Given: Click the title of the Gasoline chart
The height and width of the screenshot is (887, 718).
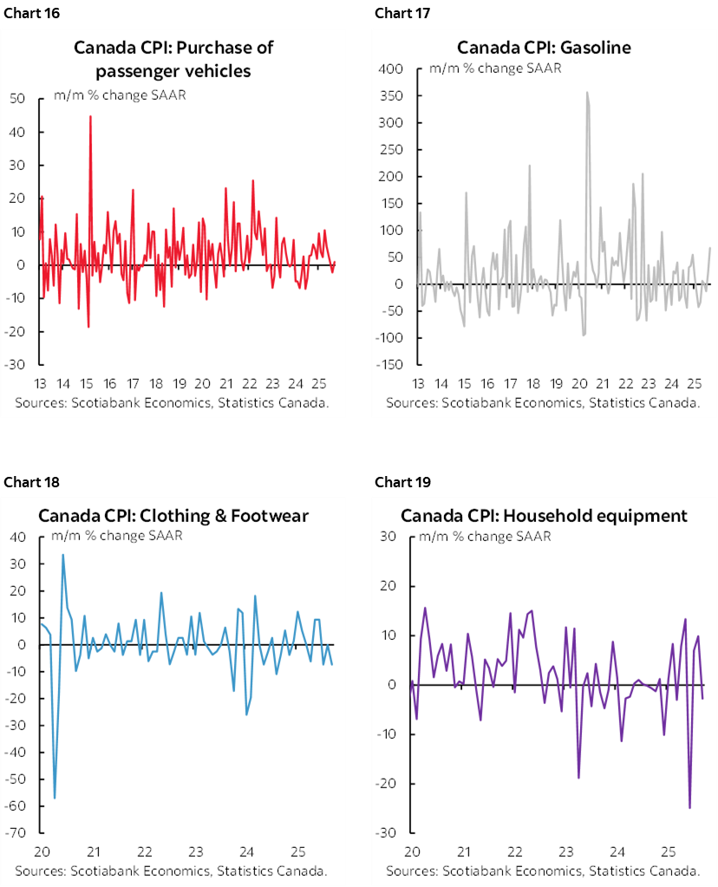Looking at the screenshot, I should point(544,47).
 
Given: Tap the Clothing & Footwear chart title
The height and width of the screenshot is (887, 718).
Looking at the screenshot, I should point(173,516).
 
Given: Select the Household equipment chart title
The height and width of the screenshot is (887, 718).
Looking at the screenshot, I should point(544,516).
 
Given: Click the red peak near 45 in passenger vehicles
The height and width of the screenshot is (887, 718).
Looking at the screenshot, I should point(90,116).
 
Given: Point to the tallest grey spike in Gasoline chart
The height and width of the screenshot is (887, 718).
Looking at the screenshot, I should point(587,92).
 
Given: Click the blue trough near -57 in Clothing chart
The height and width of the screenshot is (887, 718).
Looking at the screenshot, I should point(55,798).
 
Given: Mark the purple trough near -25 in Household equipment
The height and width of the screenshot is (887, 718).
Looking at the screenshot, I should point(689,807).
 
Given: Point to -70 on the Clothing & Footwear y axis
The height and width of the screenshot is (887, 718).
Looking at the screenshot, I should point(20,833).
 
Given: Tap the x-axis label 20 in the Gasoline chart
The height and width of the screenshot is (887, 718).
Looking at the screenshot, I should point(579,383).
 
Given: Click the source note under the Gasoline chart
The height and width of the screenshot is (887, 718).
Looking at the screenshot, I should point(544,403).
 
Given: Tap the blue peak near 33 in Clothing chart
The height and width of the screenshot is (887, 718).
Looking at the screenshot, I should point(62,555).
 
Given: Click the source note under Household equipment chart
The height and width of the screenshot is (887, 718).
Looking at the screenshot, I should point(544,871).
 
